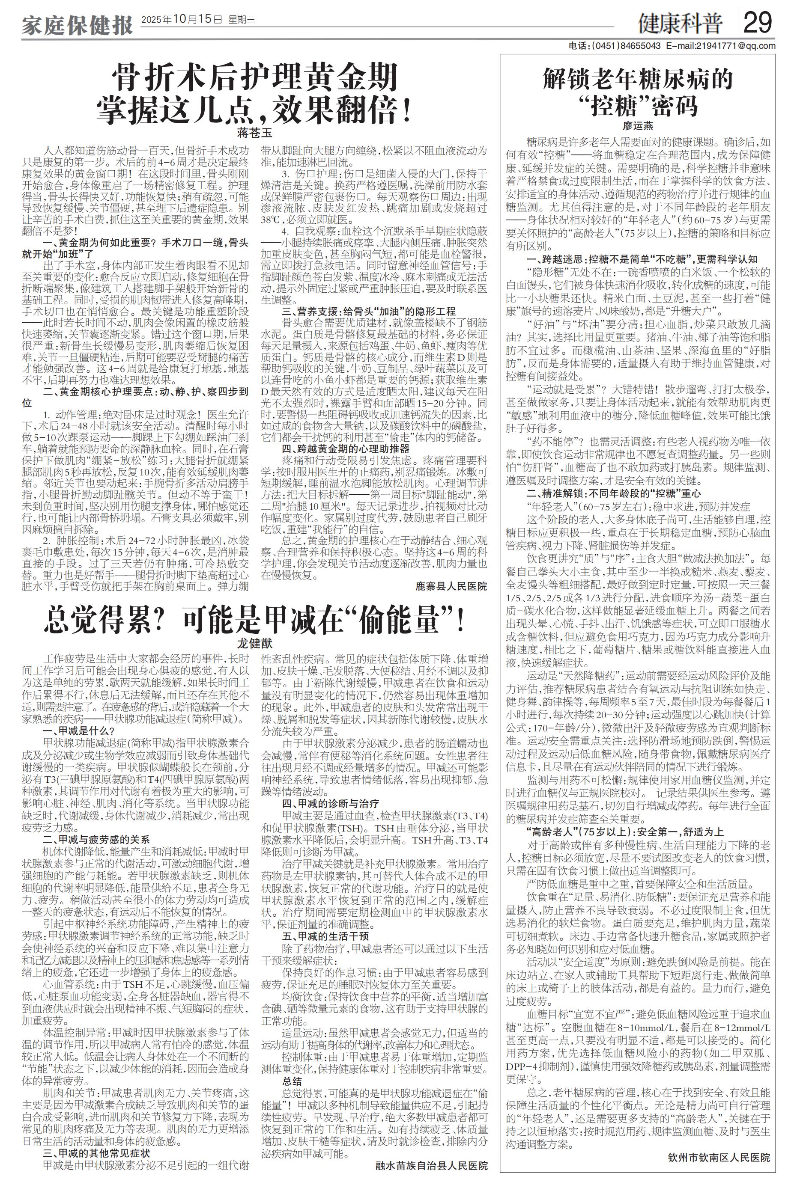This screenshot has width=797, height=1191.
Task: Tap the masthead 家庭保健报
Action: click(77, 24)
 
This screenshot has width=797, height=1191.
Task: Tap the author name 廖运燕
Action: click(638, 125)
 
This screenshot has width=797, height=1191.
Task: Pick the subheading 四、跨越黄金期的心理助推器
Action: click(346, 448)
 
